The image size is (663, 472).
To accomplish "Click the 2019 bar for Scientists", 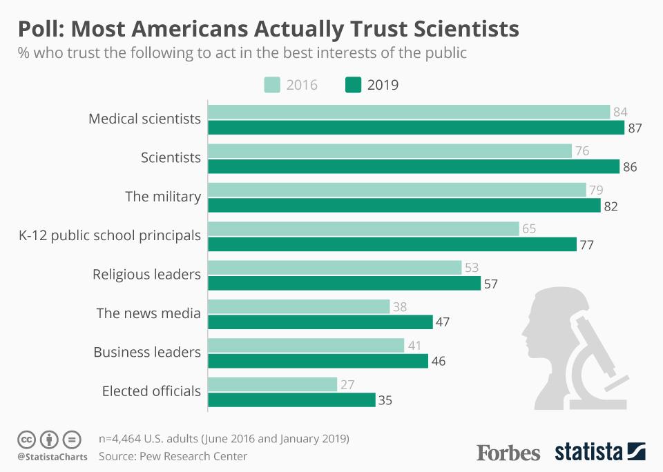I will click(x=414, y=166).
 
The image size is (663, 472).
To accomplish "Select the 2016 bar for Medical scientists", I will click(x=409, y=112).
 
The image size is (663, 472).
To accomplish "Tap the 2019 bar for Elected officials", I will click(x=291, y=400).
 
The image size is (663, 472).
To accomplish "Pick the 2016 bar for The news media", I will click(x=298, y=306).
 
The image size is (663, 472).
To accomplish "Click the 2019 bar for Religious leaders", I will click(x=344, y=283).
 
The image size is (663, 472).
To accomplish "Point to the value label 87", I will click(x=635, y=128).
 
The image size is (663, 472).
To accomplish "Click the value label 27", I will click(x=348, y=384).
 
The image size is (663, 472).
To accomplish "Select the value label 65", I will click(x=529, y=228).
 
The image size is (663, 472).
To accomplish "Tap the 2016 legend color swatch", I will click(x=272, y=85).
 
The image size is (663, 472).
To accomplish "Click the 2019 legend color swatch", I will click(x=352, y=85).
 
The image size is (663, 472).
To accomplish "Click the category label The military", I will click(x=163, y=197).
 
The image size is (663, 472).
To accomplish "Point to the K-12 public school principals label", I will click(x=109, y=235).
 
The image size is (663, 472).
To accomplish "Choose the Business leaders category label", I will click(x=147, y=352).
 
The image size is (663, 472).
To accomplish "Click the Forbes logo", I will click(x=508, y=453).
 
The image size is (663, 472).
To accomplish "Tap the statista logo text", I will click(x=588, y=453).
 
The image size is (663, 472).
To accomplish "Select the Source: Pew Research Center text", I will click(x=173, y=456).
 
